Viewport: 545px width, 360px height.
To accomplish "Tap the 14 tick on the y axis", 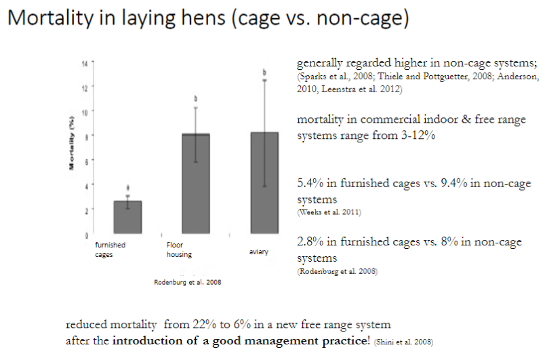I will (85, 63).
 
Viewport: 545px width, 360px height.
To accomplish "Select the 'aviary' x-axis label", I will (258, 252).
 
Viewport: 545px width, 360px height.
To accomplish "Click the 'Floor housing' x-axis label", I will (180, 249).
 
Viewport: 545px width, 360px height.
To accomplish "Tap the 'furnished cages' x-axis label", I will (110, 249).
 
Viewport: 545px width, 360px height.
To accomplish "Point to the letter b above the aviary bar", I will (265, 72).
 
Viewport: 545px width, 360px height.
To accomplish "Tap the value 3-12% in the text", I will (418, 136).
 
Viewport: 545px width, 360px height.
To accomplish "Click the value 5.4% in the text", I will (311, 182).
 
